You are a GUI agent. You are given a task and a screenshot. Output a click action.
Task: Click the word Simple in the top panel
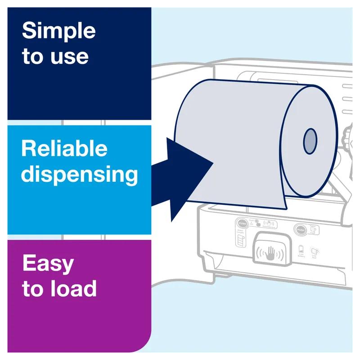(x=58, y=32)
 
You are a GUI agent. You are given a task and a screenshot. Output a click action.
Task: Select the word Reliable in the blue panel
(x=64, y=148)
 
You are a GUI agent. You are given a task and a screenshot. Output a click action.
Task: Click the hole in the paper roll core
(x=310, y=140)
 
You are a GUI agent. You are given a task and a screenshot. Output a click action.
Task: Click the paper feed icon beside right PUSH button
(x=314, y=229)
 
